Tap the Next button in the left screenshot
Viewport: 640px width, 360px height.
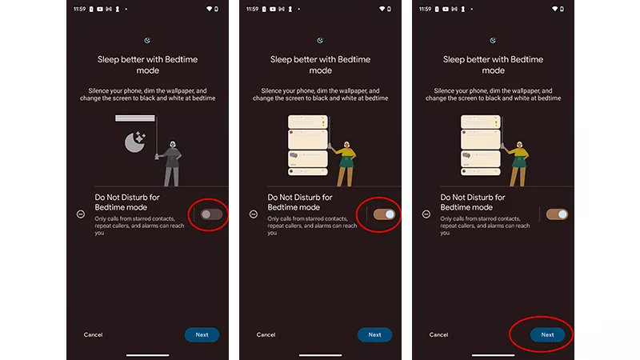click(x=202, y=334)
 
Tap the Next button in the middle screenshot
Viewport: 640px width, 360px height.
click(x=374, y=334)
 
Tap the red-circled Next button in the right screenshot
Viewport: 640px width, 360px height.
click(x=547, y=334)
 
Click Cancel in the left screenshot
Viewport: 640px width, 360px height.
click(x=93, y=334)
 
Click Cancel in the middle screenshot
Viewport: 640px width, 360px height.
click(x=266, y=334)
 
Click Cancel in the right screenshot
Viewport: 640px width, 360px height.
click(x=438, y=334)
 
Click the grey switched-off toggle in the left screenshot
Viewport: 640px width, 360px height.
click(x=211, y=214)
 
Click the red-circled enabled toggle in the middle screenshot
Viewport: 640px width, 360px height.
click(x=384, y=214)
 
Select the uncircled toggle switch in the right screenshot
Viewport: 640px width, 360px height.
click(x=557, y=214)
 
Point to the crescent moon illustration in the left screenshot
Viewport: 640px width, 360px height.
click(x=134, y=143)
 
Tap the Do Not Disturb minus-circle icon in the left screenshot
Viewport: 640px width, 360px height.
click(x=81, y=214)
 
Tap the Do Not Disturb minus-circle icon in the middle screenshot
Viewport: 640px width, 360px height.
click(x=254, y=214)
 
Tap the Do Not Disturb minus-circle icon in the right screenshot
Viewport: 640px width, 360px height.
click(x=426, y=214)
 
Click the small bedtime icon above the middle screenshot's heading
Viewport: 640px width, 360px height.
click(x=320, y=40)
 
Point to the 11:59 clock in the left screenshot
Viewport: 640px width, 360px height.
click(x=79, y=9)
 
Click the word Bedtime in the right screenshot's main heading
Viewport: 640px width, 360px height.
click(x=526, y=59)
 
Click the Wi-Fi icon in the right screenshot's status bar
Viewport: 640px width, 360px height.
click(x=554, y=9)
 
